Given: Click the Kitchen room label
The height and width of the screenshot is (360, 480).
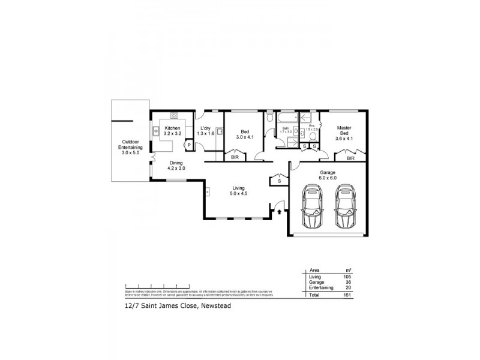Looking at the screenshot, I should click(172, 131).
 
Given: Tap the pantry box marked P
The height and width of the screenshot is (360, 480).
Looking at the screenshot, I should click(188, 145).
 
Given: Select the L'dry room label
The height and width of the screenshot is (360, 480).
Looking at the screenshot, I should click(205, 131).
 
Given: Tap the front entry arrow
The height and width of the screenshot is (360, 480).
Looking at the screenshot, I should click(280, 210).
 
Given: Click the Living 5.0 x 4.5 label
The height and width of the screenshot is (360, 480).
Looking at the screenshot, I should click(239, 191).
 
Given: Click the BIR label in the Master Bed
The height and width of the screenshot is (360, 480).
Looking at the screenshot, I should click(350, 158).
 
